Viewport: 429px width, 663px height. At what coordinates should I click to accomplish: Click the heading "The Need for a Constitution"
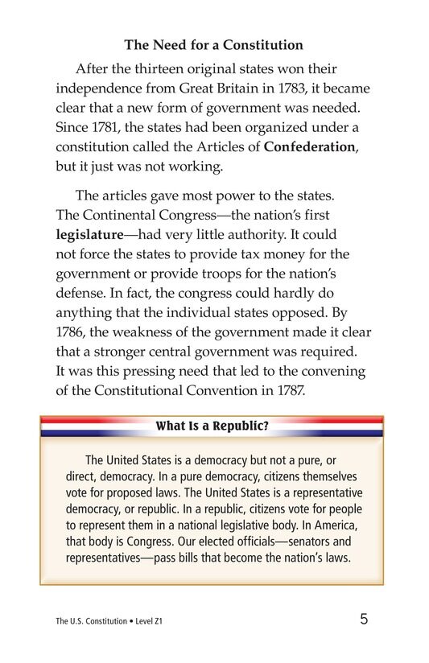[x=213, y=45]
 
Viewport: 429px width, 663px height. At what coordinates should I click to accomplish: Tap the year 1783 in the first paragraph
[x=285, y=88]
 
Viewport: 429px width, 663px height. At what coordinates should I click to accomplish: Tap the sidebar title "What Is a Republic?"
[x=212, y=426]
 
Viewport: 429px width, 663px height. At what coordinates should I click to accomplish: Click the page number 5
[x=364, y=620]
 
